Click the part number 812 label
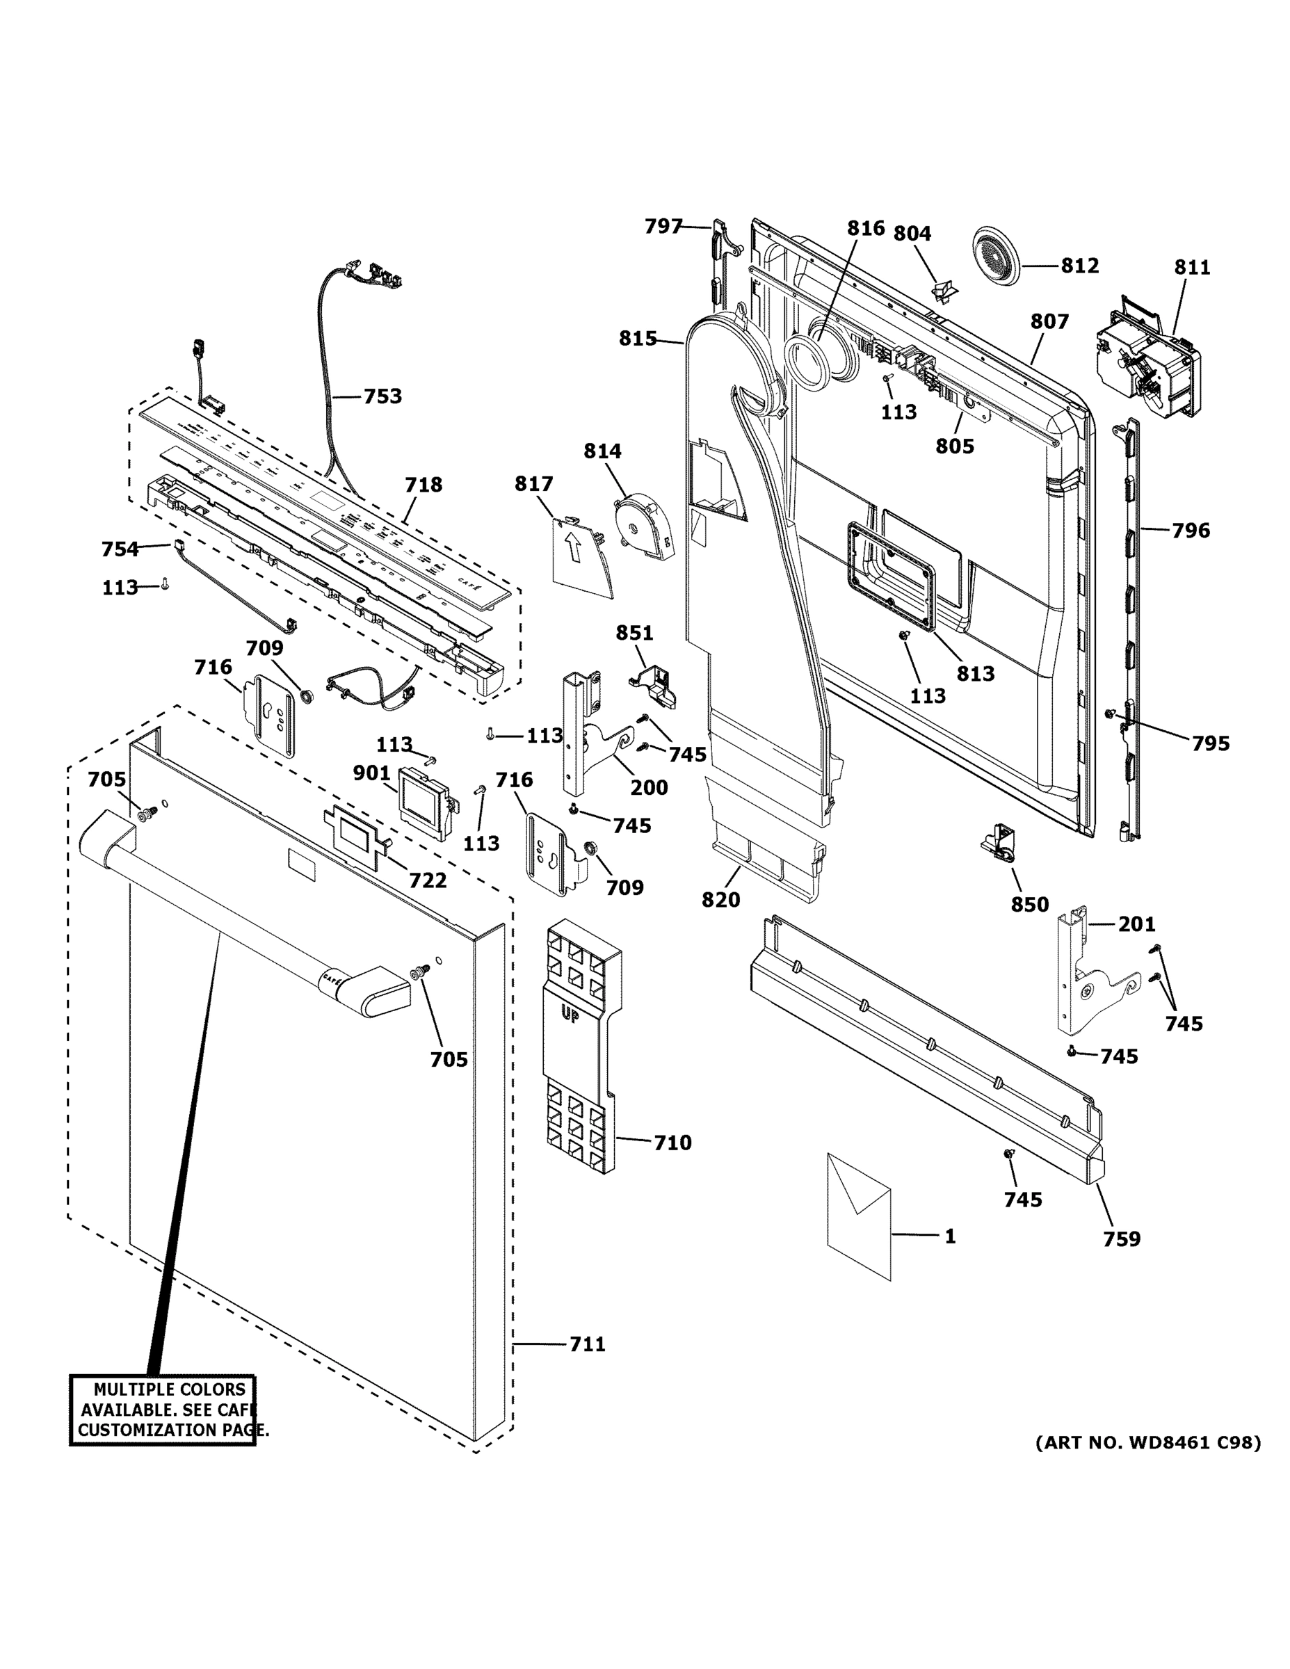[1079, 265]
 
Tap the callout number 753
[382, 396]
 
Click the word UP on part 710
[570, 1015]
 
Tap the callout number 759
[1121, 1239]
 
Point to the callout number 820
[720, 899]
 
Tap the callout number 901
[371, 773]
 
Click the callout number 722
[427, 880]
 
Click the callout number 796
[1191, 530]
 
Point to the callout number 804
[912, 233]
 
